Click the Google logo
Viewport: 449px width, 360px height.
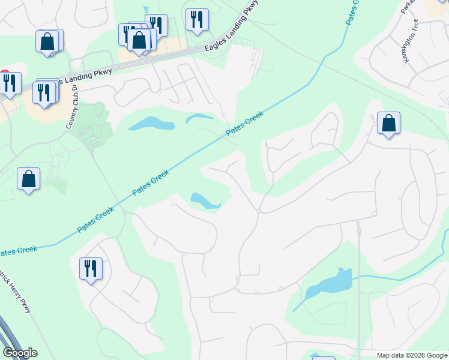coord(20,353)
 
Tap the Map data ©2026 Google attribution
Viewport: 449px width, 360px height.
coord(411,355)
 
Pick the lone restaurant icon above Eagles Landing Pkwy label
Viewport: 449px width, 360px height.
coord(196,20)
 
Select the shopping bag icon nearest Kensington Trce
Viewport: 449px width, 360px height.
coord(389,124)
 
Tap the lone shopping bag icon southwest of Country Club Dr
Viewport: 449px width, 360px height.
coord(29,179)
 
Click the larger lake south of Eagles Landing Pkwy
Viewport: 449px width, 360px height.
coord(151,124)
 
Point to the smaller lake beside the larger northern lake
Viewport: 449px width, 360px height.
coord(200,118)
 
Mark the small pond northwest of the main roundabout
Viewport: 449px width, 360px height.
coord(205,201)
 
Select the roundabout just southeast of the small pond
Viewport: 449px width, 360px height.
coord(258,211)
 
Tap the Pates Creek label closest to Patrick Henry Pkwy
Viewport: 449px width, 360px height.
coord(18,250)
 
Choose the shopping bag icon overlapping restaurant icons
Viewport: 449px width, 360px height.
coord(139,40)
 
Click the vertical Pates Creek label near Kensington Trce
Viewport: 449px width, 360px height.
coord(352,12)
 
